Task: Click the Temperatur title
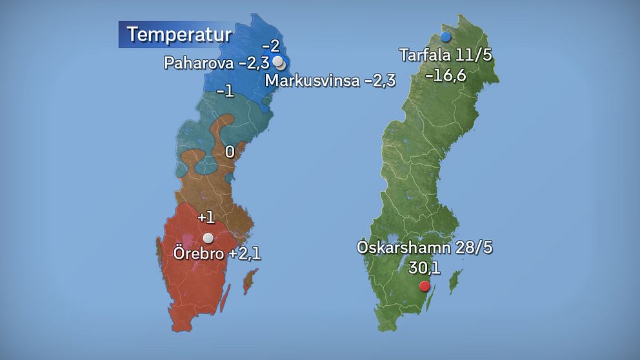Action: pyautogui.click(x=178, y=34)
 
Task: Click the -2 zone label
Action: pyautogui.click(x=270, y=46)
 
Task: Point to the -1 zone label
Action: pyautogui.click(x=225, y=92)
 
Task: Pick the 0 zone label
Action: pyautogui.click(x=230, y=152)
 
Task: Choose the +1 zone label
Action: pyautogui.click(x=206, y=217)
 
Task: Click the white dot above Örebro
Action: pyautogui.click(x=208, y=238)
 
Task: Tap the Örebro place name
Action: pyautogui.click(x=197, y=254)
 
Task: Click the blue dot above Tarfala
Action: pyautogui.click(x=445, y=37)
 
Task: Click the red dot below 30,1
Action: pyautogui.click(x=424, y=286)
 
